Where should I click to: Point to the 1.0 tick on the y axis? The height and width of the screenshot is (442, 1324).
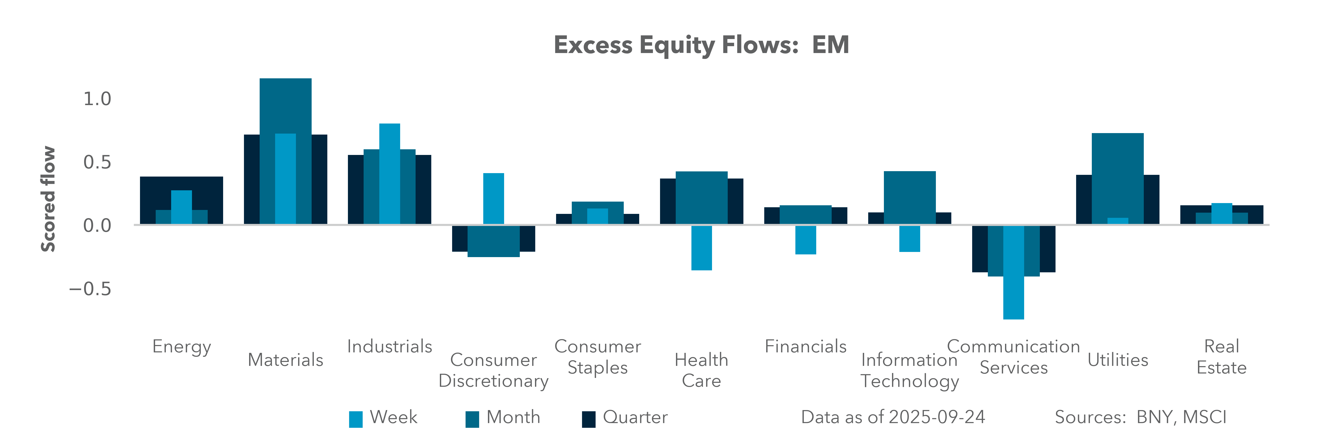[97, 99]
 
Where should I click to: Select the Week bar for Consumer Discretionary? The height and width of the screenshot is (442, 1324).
[493, 199]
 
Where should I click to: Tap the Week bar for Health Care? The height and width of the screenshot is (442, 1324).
[701, 248]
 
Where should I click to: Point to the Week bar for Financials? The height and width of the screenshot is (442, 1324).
[805, 240]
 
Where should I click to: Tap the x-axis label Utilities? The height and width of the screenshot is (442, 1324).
[1118, 360]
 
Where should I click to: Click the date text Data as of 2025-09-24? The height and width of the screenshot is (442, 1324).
[893, 417]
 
